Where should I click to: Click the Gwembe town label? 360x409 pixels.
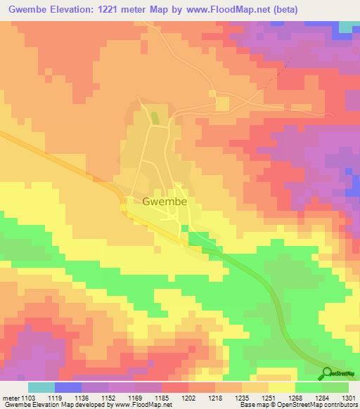click(x=164, y=201)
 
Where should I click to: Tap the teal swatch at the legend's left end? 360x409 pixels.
click(x=41, y=387)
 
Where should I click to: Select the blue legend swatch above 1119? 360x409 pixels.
click(x=67, y=387)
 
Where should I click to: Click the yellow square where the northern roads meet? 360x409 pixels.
click(x=223, y=104)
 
